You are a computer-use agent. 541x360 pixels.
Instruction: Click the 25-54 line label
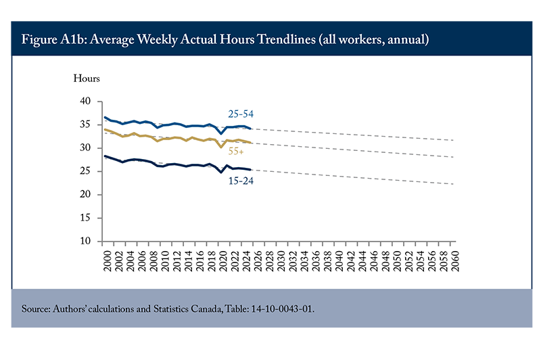click(241, 114)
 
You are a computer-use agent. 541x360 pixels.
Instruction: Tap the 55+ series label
click(236, 151)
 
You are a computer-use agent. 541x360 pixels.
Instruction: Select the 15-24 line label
click(241, 181)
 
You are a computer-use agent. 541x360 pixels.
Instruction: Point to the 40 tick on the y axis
click(85, 101)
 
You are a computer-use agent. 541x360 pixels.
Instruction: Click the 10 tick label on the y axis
click(85, 241)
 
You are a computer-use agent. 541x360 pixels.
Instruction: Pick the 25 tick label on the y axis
click(85, 171)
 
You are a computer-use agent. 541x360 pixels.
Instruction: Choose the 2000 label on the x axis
click(108, 261)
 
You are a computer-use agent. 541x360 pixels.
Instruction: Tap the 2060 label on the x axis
click(455, 261)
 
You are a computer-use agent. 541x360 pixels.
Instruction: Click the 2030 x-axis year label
click(281, 261)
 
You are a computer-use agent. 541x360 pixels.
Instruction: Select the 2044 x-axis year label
click(362, 261)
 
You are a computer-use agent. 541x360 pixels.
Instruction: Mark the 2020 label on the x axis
click(223, 261)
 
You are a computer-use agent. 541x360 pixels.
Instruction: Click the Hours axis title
click(87, 78)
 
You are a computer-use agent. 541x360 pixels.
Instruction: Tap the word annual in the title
click(408, 39)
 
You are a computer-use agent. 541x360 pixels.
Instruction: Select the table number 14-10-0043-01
click(283, 309)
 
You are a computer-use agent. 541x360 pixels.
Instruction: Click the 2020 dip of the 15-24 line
click(221, 173)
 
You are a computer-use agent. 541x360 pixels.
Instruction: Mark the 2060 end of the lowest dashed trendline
click(452, 184)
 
